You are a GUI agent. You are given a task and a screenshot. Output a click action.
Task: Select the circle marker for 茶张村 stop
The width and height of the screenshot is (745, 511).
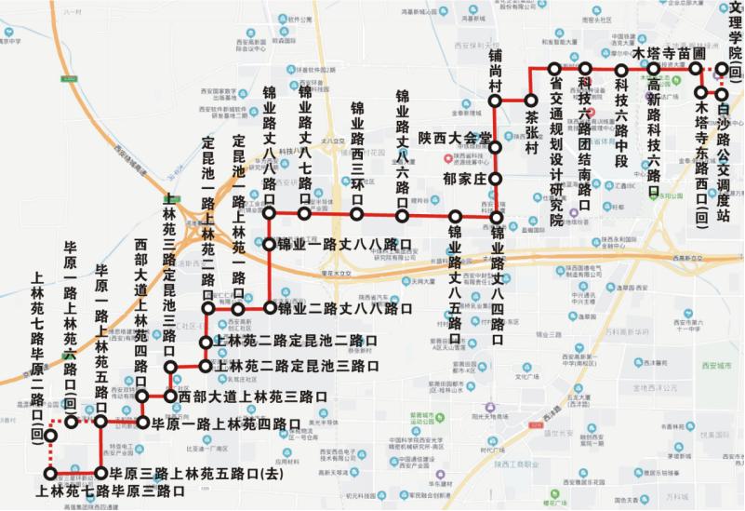tap(531, 100)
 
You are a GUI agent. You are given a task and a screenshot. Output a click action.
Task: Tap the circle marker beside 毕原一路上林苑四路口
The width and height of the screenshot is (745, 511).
tap(142, 423)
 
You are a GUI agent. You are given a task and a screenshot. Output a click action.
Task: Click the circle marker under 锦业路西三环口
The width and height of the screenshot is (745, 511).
tap(356, 214)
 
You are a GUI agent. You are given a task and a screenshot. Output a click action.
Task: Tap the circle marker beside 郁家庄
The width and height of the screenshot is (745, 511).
tap(496, 178)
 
